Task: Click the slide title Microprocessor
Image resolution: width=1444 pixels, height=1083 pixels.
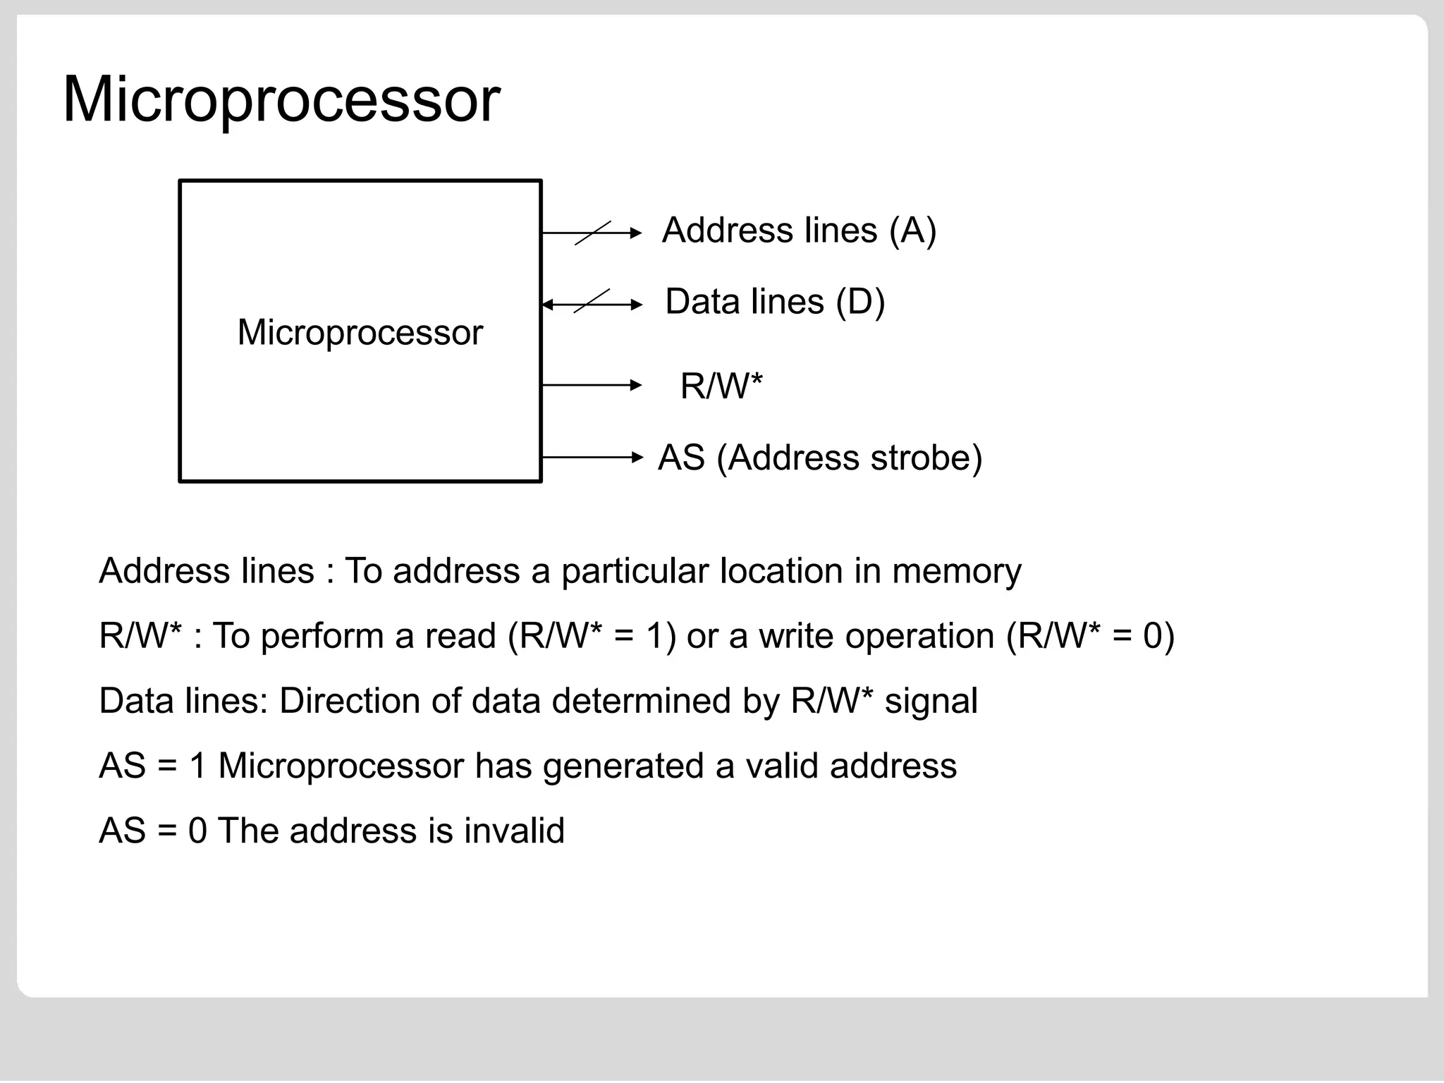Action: click(281, 100)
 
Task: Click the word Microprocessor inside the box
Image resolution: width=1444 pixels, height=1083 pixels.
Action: click(360, 332)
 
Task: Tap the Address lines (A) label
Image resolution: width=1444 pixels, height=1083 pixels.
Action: click(799, 231)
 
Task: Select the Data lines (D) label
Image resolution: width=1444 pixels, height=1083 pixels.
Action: click(774, 302)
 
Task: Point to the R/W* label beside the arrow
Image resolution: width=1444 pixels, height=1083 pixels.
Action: click(721, 386)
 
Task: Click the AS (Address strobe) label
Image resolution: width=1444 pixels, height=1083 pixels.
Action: click(819, 458)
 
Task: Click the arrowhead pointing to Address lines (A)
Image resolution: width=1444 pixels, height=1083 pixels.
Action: click(636, 233)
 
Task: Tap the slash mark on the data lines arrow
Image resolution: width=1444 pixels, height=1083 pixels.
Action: click(592, 301)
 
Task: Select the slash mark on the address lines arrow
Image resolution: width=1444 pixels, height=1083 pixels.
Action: click(592, 233)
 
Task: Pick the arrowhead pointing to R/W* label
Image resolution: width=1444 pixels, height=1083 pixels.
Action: click(636, 385)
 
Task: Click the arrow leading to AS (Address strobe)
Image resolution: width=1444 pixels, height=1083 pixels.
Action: click(592, 458)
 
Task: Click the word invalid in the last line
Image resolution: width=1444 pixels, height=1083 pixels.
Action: click(514, 831)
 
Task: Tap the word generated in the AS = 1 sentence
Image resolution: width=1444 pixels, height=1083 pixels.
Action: click(623, 766)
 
